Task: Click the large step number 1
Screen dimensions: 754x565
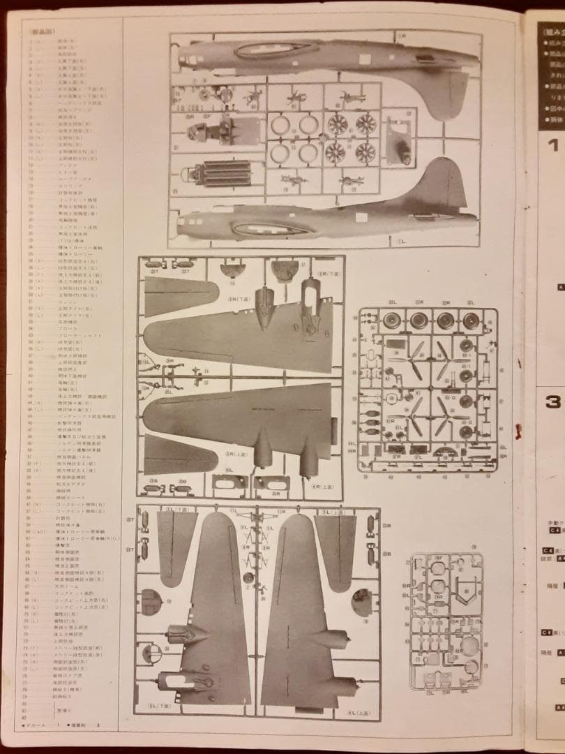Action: pyautogui.click(x=552, y=146)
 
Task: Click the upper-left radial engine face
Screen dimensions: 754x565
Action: pyautogui.click(x=338, y=125)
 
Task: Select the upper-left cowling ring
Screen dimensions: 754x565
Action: pyautogui.click(x=280, y=126)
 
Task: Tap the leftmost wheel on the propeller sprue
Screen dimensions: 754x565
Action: pyautogui.click(x=391, y=321)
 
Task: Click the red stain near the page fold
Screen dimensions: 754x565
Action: pyautogui.click(x=518, y=431)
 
